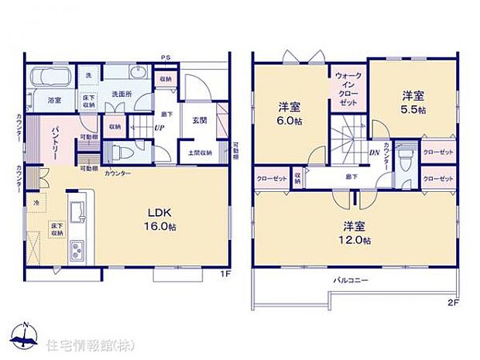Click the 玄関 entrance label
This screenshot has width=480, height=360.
pyautogui.click(x=199, y=120)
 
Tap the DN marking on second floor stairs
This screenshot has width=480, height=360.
pyautogui.click(x=373, y=152)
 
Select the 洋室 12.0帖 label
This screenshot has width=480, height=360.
pyautogui.click(x=355, y=233)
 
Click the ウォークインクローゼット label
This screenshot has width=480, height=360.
pyautogui.click(x=346, y=91)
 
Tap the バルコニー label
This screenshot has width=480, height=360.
pyautogui.click(x=350, y=279)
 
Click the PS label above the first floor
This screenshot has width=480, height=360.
pyautogui.click(x=165, y=58)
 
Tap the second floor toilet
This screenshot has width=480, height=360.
pyautogui.click(x=405, y=159)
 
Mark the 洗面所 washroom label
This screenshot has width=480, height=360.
pyautogui.click(x=122, y=94)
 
